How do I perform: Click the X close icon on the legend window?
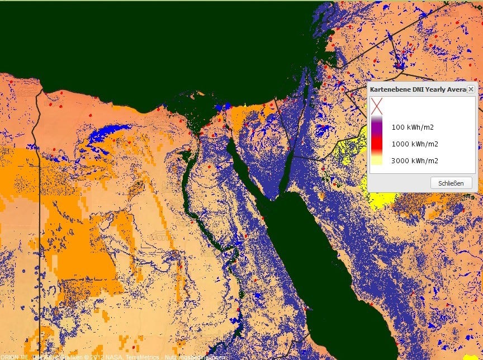tap(471, 89)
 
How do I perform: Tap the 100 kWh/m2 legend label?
tap(413, 127)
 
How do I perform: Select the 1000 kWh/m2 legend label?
tap(414, 144)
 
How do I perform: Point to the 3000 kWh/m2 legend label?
tap(414, 161)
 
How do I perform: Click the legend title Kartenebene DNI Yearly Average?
tap(418, 89)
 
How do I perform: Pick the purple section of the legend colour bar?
tap(377, 127)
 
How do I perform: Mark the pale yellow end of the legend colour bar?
tap(377, 161)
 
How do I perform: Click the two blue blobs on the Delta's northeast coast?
tap(223, 106)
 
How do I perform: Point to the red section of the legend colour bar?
tap(377, 144)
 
